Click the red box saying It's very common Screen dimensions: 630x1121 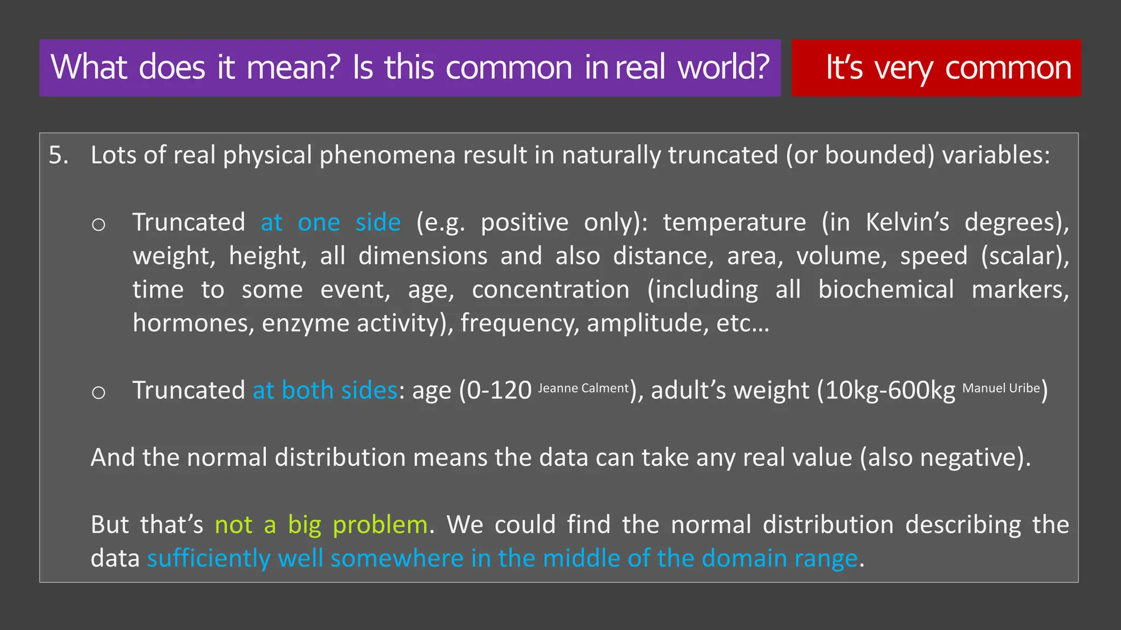tap(936, 68)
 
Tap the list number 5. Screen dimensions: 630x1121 tap(59, 155)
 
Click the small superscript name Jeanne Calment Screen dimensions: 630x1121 tap(583, 388)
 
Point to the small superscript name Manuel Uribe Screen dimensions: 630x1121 tap(1001, 388)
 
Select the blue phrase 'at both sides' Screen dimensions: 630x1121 tap(325, 390)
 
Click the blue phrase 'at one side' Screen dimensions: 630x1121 tap(331, 223)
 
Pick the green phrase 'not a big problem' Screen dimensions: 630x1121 tap(321, 525)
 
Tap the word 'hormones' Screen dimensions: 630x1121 tap(193, 323)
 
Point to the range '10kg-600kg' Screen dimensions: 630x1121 tap(890, 390)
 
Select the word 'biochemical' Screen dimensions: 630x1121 tap(886, 290)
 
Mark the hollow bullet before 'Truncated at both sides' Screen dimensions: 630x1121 tap(99, 392)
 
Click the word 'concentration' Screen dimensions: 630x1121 tap(551, 290)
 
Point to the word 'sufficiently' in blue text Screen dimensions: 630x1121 tap(209, 559)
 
